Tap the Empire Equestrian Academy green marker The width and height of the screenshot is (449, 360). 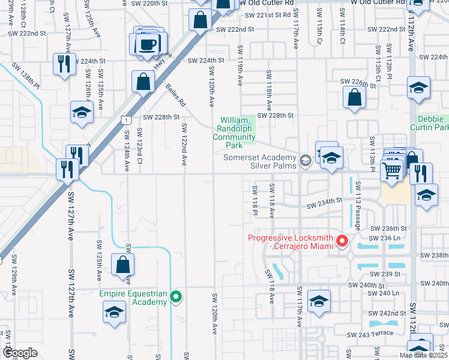pyautogui.click(x=176, y=295)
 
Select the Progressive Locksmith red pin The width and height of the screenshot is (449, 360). pyautogui.click(x=343, y=241)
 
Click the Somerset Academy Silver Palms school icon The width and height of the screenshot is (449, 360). pyautogui.click(x=306, y=159)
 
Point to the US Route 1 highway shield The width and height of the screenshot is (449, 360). pyautogui.click(x=126, y=120)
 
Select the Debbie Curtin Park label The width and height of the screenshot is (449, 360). pyautogui.click(x=429, y=123)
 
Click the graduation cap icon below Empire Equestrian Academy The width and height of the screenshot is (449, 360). pyautogui.click(x=114, y=312)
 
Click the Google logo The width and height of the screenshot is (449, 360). pyautogui.click(x=20, y=353)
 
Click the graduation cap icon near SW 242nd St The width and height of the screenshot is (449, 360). pyautogui.click(x=318, y=302)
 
